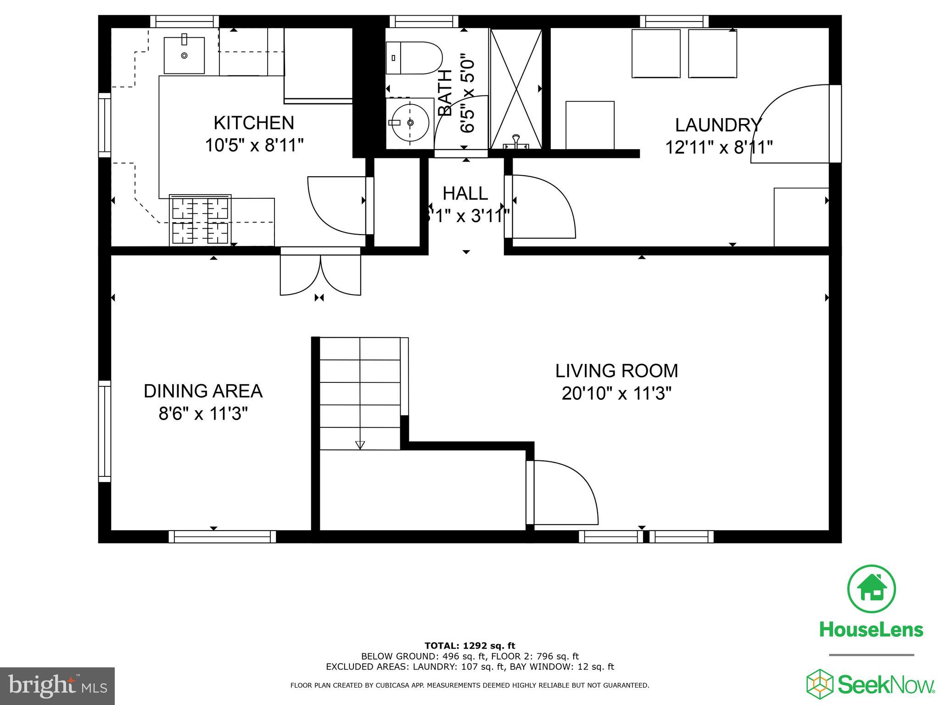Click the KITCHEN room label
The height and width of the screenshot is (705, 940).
(254, 123)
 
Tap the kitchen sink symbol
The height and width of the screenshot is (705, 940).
(184, 55)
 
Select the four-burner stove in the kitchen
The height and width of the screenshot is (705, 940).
(200, 220)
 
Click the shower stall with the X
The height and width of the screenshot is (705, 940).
(516, 88)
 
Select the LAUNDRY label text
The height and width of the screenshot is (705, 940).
(718, 125)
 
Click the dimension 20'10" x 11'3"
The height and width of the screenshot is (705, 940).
(616, 394)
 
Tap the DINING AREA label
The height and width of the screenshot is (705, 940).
(203, 391)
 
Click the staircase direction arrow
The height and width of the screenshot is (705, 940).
(360, 444)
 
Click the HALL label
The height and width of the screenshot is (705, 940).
(465, 194)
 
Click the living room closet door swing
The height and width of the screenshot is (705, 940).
(565, 493)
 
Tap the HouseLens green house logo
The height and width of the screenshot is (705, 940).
(871, 589)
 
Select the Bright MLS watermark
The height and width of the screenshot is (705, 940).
(57, 686)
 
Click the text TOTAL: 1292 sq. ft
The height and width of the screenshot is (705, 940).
(470, 646)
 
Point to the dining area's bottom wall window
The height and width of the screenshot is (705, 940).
(222, 537)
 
